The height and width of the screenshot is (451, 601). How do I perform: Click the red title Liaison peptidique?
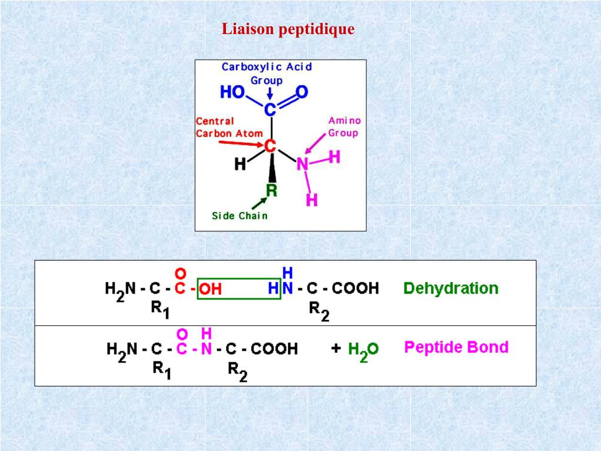click(x=288, y=29)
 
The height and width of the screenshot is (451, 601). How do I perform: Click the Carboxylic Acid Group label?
click(x=266, y=73)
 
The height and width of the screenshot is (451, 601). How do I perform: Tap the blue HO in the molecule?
click(x=232, y=92)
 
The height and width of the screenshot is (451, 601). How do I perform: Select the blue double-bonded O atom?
click(x=302, y=92)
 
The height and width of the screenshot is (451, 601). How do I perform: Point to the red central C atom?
click(x=270, y=144)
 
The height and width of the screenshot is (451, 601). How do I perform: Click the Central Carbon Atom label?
click(x=229, y=127)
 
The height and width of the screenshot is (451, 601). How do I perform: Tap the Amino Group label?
click(x=344, y=127)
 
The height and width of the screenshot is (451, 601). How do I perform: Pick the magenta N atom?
click(x=302, y=164)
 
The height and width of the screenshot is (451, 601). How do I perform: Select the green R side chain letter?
click(x=271, y=190)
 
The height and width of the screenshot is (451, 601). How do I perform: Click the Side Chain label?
click(x=239, y=216)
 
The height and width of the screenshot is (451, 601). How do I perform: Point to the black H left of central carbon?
click(x=240, y=164)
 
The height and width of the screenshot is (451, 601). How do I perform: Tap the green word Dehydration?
click(x=451, y=288)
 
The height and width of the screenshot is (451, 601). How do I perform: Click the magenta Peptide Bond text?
click(x=456, y=347)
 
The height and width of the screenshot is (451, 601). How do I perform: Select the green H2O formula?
click(x=363, y=351)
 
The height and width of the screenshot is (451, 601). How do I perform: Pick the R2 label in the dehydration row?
click(x=319, y=311)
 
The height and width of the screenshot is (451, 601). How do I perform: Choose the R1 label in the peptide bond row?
click(x=161, y=370)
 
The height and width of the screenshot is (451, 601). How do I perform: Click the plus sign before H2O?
click(x=336, y=348)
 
